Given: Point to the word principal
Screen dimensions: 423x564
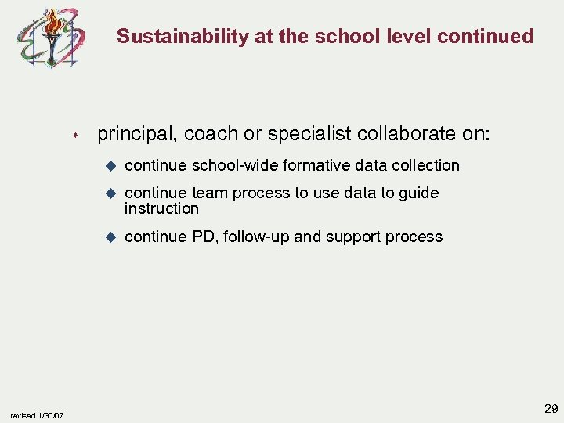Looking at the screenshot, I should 136,135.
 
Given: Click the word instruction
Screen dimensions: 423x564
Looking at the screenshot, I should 161,209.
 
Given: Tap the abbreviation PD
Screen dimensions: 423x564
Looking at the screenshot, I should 203,237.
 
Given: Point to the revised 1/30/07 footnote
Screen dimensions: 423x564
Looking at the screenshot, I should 37,415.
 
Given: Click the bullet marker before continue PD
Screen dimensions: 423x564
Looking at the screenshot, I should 110,237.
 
